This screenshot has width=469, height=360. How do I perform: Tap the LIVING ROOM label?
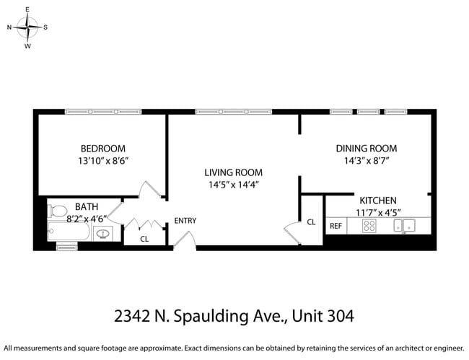(x=233, y=172)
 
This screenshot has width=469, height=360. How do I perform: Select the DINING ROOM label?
(x=366, y=149)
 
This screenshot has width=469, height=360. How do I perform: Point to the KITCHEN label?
(x=379, y=201)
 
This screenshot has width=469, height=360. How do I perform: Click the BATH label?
(x=87, y=206)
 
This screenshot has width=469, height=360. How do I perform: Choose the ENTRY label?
(x=185, y=220)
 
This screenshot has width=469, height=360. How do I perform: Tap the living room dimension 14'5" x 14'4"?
(x=232, y=185)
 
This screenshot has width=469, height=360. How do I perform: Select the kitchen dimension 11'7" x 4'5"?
(x=379, y=212)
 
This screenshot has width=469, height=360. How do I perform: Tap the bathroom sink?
(x=102, y=233)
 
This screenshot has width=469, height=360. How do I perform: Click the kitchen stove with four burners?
(x=369, y=226)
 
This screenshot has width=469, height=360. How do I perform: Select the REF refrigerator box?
(x=336, y=226)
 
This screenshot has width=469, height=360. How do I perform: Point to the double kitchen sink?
(x=403, y=226)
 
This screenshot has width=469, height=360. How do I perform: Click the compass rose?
(x=27, y=27)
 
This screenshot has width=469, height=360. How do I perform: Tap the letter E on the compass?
(x=27, y=9)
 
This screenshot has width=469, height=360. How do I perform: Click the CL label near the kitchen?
(x=311, y=222)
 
